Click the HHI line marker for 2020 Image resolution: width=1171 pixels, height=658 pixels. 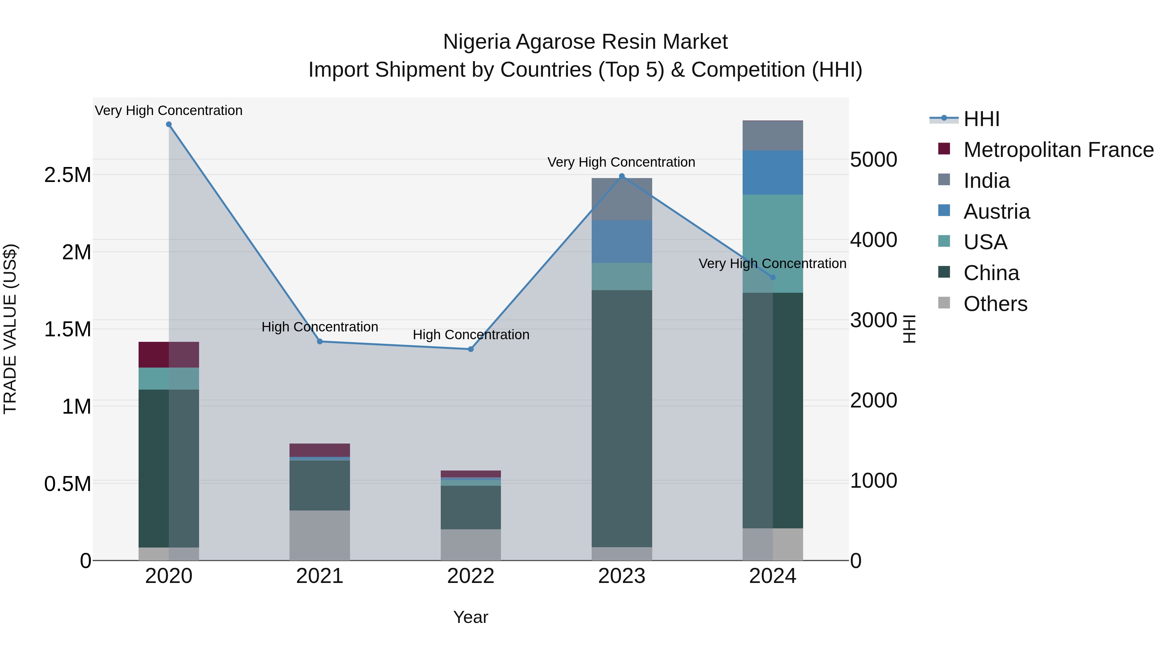click(168, 124)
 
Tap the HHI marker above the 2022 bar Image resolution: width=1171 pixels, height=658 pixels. click(470, 349)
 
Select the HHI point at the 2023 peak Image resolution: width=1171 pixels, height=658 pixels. click(622, 176)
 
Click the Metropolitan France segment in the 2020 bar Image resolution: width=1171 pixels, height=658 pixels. click(168, 355)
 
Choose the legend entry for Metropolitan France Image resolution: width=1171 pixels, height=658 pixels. click(1058, 150)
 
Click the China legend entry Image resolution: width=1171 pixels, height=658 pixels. click(991, 273)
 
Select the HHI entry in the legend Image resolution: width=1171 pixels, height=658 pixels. click(981, 119)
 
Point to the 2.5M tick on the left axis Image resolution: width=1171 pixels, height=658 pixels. click(68, 175)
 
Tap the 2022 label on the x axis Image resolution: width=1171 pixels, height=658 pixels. click(470, 576)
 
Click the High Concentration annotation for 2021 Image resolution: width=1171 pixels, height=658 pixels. click(319, 327)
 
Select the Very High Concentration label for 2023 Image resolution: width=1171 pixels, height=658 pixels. click(621, 162)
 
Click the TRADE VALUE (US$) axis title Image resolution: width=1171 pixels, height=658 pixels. click(10, 329)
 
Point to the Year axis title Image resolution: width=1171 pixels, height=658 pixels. click(470, 617)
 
